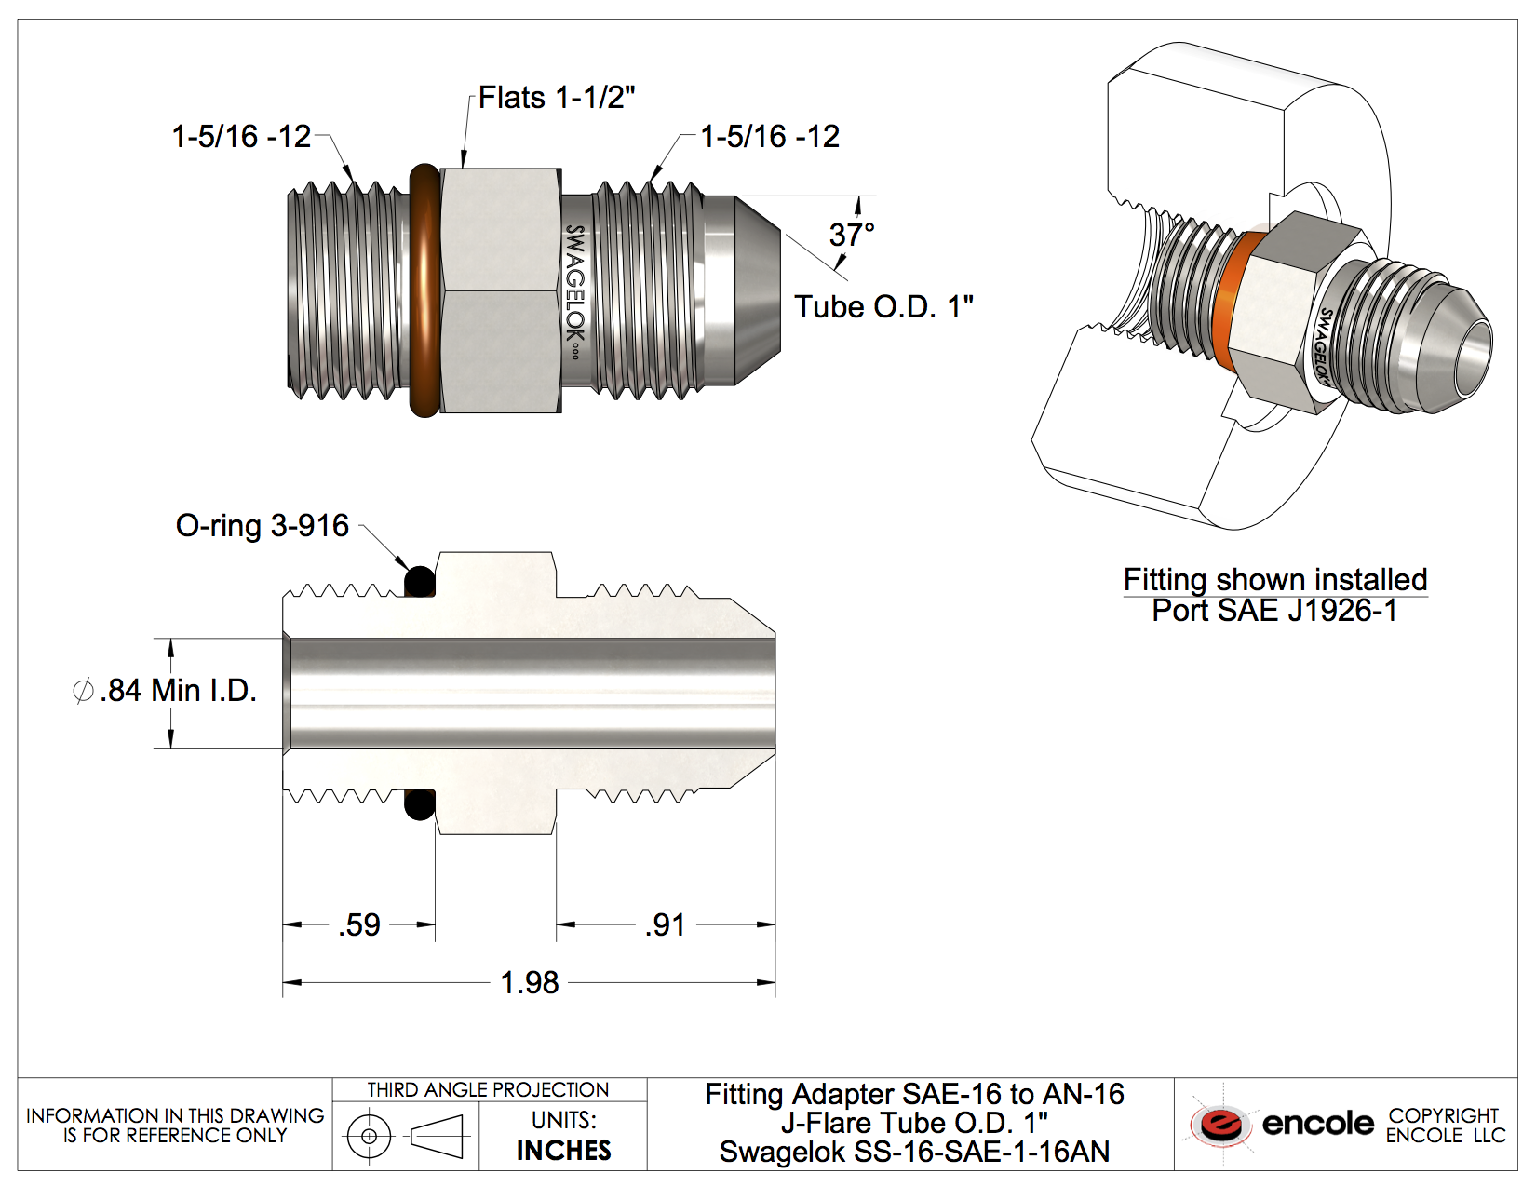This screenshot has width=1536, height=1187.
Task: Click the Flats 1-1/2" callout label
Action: pos(557,98)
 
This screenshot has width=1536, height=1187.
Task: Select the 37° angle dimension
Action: pos(851,235)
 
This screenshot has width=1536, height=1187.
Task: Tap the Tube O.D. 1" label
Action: pos(883,306)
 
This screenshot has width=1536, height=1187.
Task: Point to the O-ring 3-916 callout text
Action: pos(263,526)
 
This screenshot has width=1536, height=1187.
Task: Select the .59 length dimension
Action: pos(359,925)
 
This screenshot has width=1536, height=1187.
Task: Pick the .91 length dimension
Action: pos(665,925)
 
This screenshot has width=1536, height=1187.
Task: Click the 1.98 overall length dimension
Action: pos(529,982)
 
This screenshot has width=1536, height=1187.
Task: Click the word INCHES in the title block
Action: pos(563,1151)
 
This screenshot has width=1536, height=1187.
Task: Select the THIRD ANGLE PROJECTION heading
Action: pos(488,1090)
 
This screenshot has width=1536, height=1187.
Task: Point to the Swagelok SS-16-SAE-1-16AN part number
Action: pos(914,1153)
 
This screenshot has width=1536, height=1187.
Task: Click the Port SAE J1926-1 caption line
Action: pos(1274,611)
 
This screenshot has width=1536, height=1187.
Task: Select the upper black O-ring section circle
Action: pos(420,582)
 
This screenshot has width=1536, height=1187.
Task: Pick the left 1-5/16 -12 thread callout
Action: pos(241,137)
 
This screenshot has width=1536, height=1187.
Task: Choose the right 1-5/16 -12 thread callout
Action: pos(770,137)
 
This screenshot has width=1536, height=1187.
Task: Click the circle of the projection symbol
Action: pos(369,1136)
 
